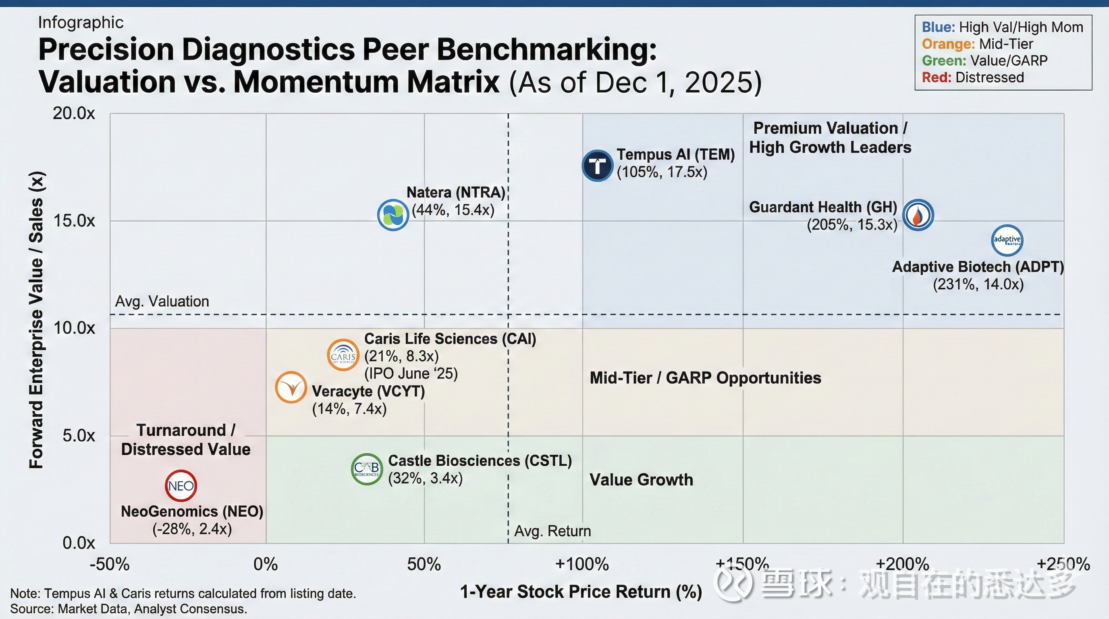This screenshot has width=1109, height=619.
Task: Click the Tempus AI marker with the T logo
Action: pyautogui.click(x=597, y=166)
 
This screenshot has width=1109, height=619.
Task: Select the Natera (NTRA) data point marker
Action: pyautogui.click(x=393, y=215)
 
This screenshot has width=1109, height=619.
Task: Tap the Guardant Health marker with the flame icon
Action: pyautogui.click(x=918, y=215)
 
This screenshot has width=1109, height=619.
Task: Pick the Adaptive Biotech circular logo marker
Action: pyautogui.click(x=1007, y=240)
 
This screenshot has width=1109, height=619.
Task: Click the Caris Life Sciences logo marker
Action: pyautogui.click(x=343, y=355)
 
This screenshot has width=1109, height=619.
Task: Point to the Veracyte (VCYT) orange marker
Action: pyautogui.click(x=291, y=387)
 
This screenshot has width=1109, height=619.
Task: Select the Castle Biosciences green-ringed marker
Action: pyautogui.click(x=367, y=469)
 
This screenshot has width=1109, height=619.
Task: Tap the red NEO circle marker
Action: pyautogui.click(x=181, y=486)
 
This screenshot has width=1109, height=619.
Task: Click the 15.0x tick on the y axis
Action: pyautogui.click(x=74, y=221)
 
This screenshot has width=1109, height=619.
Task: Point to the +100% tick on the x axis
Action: pyautogui.click(x=582, y=564)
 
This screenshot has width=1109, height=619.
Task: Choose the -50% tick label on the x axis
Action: pyautogui.click(x=109, y=564)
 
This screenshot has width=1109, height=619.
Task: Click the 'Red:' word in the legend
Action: pyautogui.click(x=937, y=77)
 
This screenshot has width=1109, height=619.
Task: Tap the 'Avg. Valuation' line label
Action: pyautogui.click(x=162, y=301)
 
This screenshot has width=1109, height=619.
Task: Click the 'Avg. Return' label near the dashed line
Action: pyautogui.click(x=552, y=531)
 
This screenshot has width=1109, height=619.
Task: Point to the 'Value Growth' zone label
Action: pyautogui.click(x=641, y=480)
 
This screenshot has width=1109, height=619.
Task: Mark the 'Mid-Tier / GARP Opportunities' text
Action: pyautogui.click(x=705, y=378)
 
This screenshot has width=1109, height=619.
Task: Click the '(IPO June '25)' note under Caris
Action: pyautogui.click(x=411, y=373)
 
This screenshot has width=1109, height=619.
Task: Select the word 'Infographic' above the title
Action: pyautogui.click(x=81, y=23)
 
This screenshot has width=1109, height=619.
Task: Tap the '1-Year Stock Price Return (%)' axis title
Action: pyautogui.click(x=581, y=592)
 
